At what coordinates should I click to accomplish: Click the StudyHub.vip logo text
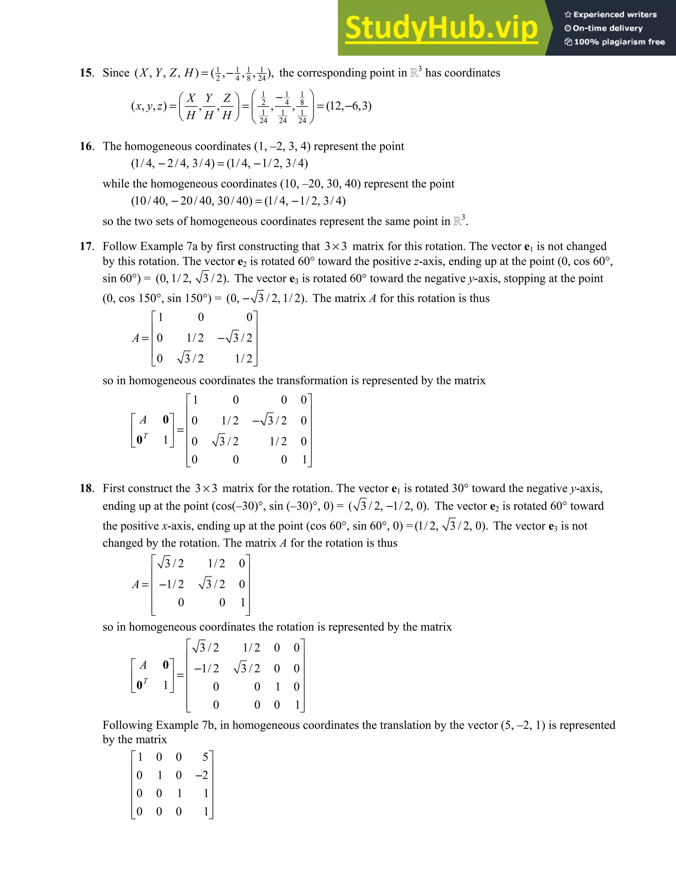[441, 28]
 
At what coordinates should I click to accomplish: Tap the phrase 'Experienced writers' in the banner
[615, 15]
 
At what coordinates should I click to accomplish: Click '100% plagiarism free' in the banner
[619, 42]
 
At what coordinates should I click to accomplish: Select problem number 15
[86, 73]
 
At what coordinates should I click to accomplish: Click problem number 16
[86, 146]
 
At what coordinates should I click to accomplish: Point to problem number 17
[86, 246]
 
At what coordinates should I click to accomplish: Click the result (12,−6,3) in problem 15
[349, 106]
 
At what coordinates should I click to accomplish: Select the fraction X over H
[191, 107]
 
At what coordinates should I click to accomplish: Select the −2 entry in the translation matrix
[202, 775]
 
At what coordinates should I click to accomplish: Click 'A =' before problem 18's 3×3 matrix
[140, 585]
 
